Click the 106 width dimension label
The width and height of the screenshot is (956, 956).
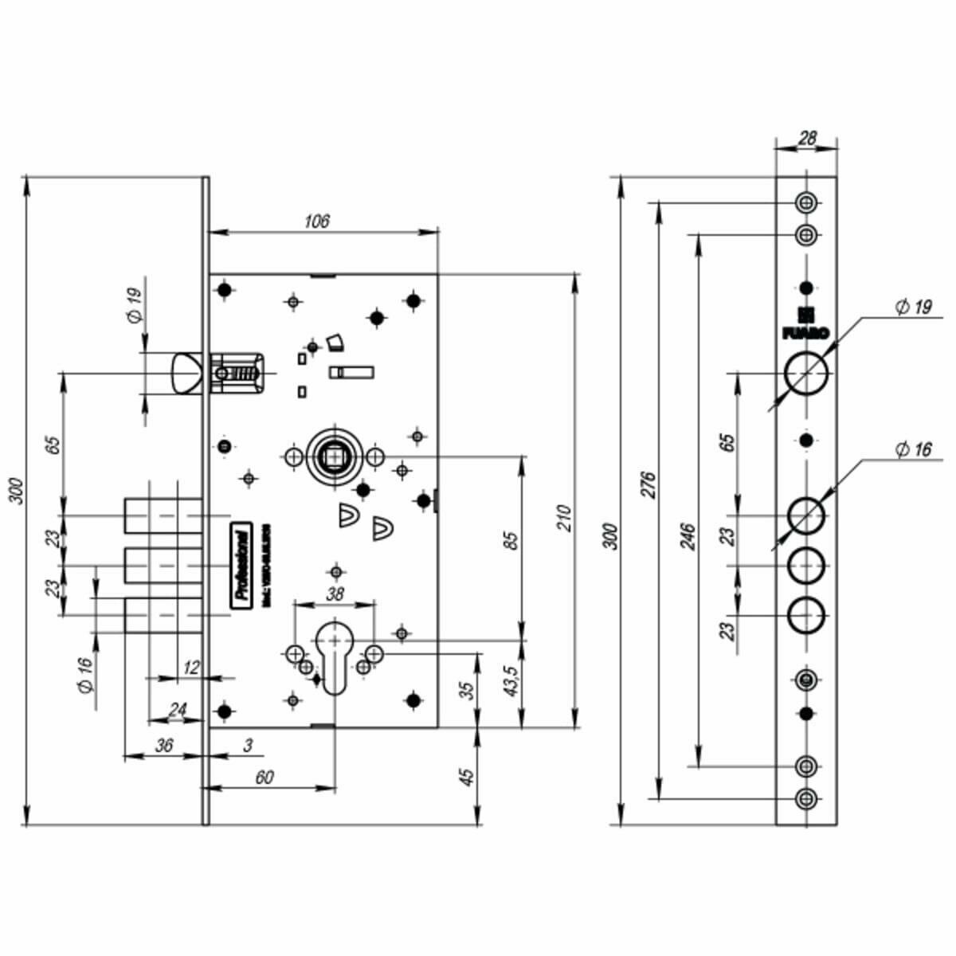tap(317, 221)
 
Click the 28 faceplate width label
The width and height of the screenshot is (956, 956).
tap(806, 138)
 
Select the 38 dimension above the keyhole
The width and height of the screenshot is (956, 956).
tap(335, 594)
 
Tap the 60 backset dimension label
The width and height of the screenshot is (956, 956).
tap(265, 777)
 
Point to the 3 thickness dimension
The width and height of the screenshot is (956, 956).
tap(249, 746)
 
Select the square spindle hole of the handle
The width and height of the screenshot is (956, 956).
tap(331, 456)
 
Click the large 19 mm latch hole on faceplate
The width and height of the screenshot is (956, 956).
tap(806, 373)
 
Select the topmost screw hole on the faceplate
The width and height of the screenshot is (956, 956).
tap(806, 202)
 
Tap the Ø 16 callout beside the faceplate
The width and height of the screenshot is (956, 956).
tap(912, 449)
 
